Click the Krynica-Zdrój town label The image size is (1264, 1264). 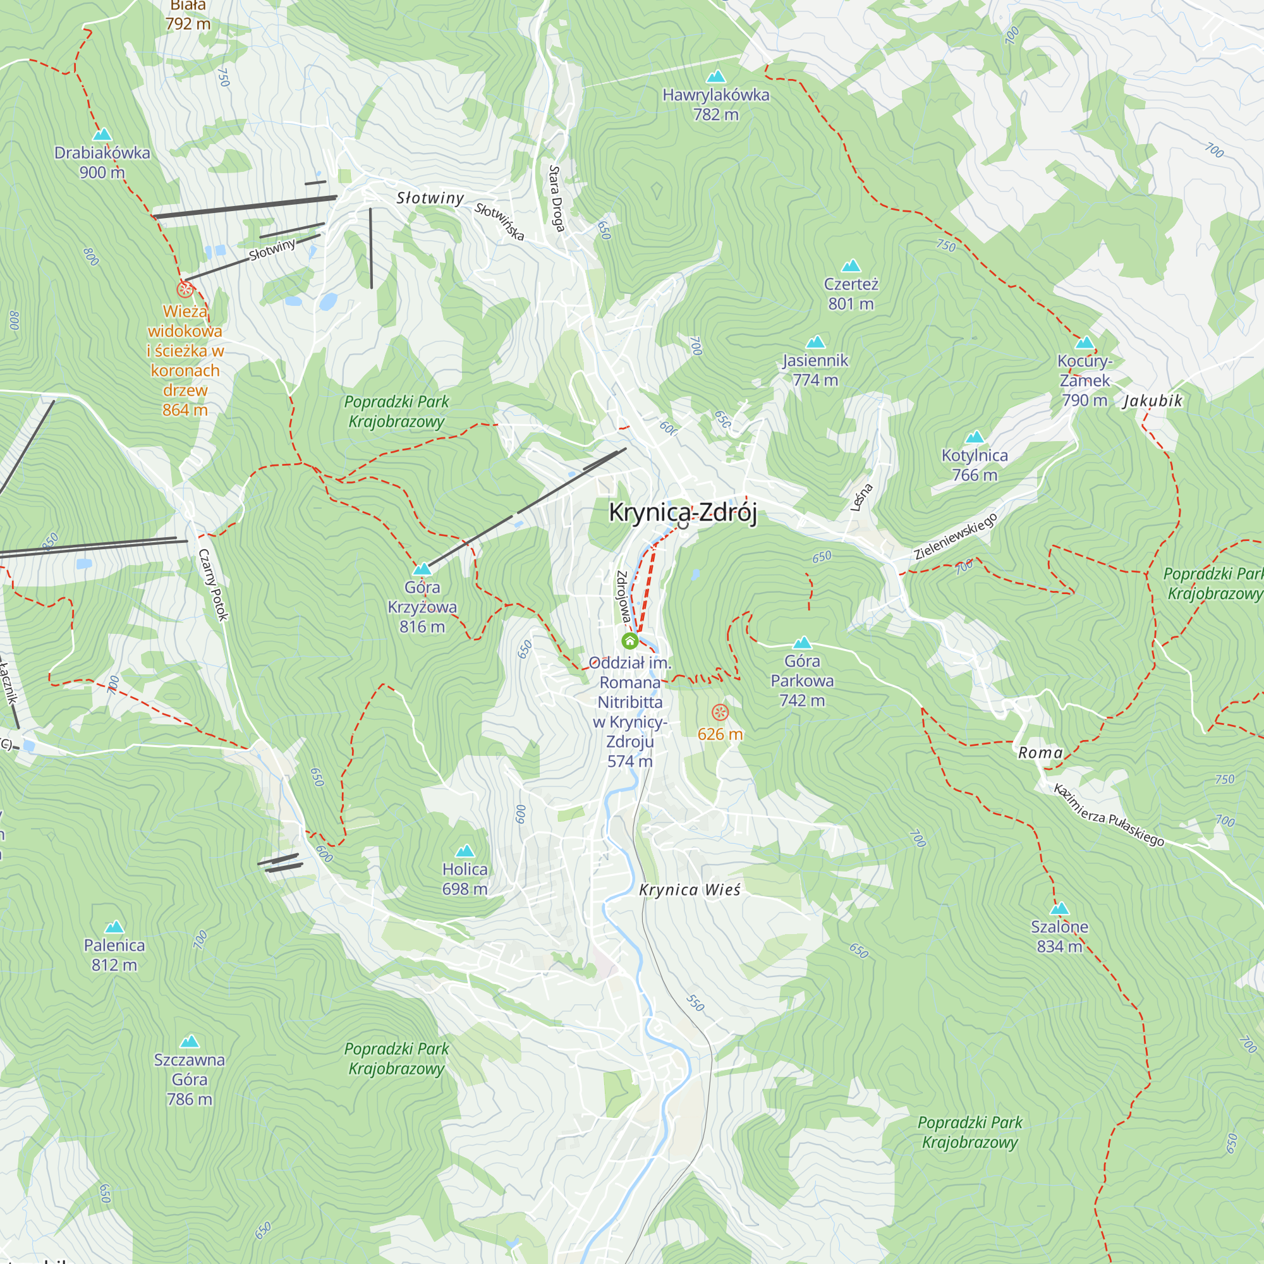coord(683,513)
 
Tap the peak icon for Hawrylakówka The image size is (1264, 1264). coord(716,77)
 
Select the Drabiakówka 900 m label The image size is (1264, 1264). coord(102,162)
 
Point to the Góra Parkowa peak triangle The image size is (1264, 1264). coord(802,643)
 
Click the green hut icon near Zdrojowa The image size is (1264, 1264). coord(629,640)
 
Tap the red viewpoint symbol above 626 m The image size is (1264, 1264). coord(720,712)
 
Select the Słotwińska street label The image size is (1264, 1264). coord(499,222)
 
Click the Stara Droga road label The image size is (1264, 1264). coord(556,199)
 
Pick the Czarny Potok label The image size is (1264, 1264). coord(213,584)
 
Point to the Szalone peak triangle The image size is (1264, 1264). coord(1059,909)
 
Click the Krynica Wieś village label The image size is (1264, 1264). coord(690,890)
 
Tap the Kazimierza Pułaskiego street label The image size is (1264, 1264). coord(1109,815)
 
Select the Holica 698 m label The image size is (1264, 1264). coord(465,878)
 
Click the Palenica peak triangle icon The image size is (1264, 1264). coord(114,927)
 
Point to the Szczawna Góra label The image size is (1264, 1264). coord(189,1079)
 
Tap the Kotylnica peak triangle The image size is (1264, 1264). coord(975,437)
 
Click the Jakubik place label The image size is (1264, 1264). coord(1153,401)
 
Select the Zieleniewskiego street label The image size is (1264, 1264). coord(955,537)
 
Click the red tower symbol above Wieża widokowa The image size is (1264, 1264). coord(185,289)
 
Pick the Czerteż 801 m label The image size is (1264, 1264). coord(851,294)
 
